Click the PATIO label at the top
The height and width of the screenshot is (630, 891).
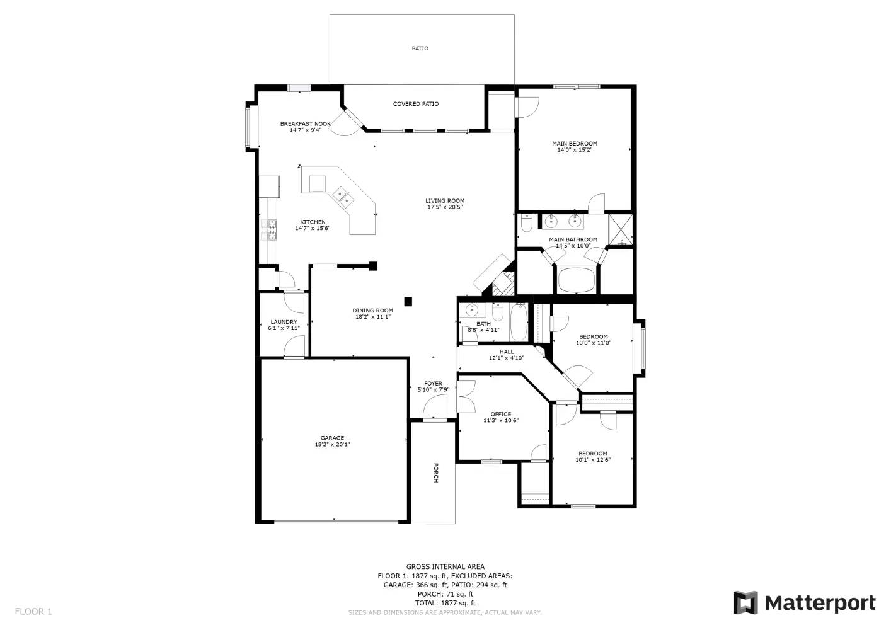pyautogui.click(x=420, y=49)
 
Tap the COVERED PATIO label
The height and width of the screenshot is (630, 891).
pyautogui.click(x=416, y=104)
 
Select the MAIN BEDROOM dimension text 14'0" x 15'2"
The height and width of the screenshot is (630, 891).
pyautogui.click(x=575, y=150)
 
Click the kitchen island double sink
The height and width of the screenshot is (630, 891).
pyautogui.click(x=343, y=197)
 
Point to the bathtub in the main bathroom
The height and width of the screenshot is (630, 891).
pyautogui.click(x=577, y=280)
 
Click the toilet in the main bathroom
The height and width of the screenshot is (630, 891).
pyautogui.click(x=526, y=224)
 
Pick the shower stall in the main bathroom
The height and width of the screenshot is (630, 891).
pyautogui.click(x=620, y=230)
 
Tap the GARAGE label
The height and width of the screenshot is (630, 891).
pyautogui.click(x=332, y=438)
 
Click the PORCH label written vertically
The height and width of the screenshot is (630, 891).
pyautogui.click(x=435, y=473)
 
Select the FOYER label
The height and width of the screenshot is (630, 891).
pyautogui.click(x=433, y=384)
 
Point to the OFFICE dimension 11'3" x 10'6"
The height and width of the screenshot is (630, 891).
pyautogui.click(x=501, y=420)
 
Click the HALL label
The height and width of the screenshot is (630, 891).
pyautogui.click(x=507, y=352)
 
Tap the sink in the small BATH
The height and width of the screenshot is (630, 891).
pyautogui.click(x=472, y=309)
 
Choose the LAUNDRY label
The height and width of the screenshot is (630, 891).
pyautogui.click(x=284, y=322)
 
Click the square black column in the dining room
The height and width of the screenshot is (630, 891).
pyautogui.click(x=408, y=302)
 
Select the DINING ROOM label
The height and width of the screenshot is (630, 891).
pyautogui.click(x=372, y=310)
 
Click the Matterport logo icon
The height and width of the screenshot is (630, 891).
pyautogui.click(x=746, y=603)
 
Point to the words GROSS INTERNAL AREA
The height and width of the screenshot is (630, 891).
pyautogui.click(x=445, y=567)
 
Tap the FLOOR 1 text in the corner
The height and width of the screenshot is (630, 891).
pyautogui.click(x=33, y=612)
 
